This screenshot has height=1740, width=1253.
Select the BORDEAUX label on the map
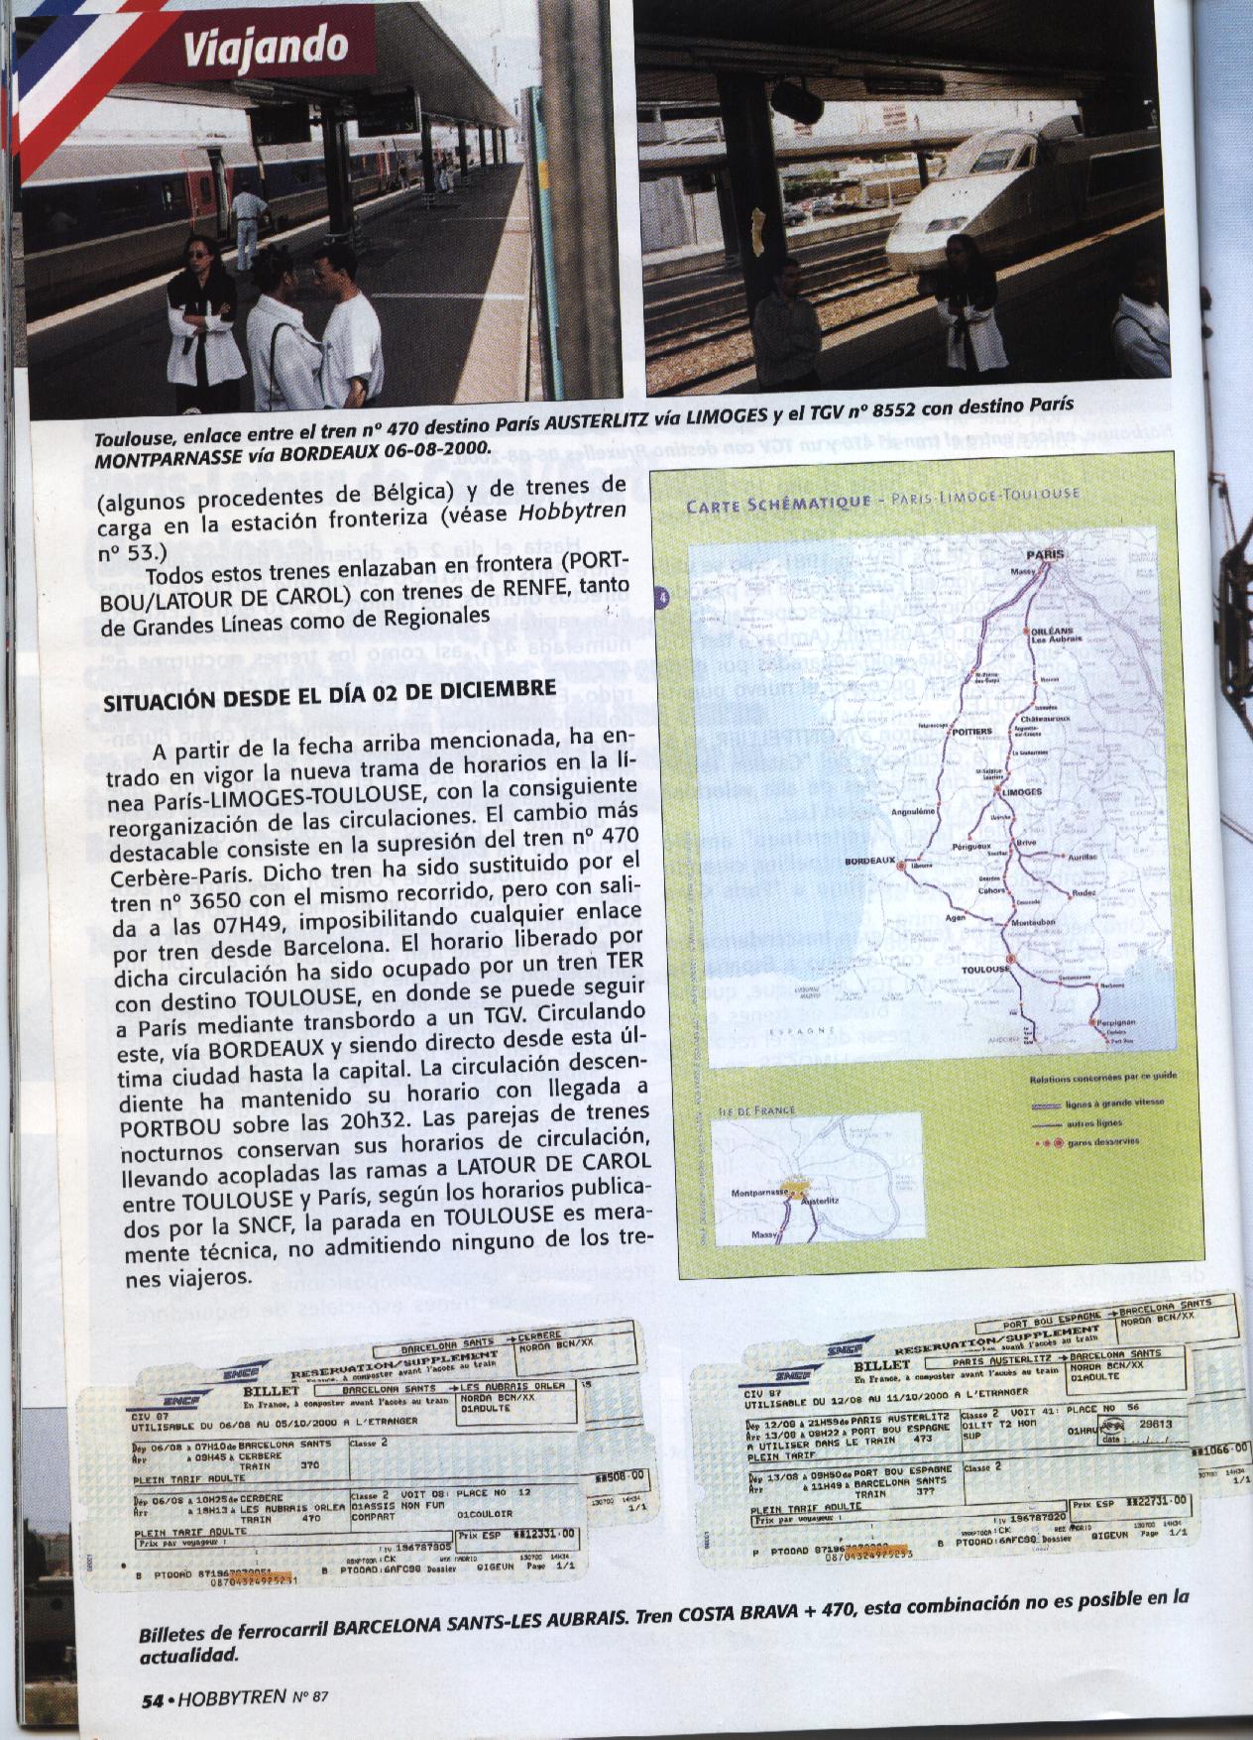click(x=869, y=861)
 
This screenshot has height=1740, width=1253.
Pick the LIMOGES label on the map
click(x=1023, y=793)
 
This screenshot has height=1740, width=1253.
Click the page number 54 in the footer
click(x=151, y=1699)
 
